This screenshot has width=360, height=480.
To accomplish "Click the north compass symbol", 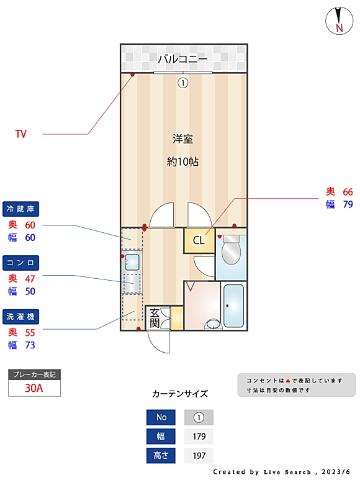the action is (x=339, y=21).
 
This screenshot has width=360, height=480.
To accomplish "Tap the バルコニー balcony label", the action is (x=182, y=58).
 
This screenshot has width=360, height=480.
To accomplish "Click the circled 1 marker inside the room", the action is (x=182, y=83).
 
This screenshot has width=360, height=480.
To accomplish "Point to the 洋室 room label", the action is (x=182, y=138).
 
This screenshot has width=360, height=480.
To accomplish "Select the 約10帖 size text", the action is (x=182, y=161).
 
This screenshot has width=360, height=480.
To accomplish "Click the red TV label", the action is (x=21, y=134).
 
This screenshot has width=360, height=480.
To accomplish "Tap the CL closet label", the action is (x=199, y=240).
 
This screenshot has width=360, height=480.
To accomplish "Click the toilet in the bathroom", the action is (x=231, y=250).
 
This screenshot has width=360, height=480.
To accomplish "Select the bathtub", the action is (x=233, y=306).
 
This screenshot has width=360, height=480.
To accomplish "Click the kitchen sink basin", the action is (x=132, y=262).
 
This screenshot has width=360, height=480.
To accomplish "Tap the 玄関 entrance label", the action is (x=155, y=318).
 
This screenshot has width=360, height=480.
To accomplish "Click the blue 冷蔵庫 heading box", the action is (x=21, y=209).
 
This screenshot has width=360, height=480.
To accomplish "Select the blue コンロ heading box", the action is (x=21, y=263).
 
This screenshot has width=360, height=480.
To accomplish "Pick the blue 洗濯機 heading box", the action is (x=21, y=317).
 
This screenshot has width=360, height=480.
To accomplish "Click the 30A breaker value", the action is (x=34, y=388).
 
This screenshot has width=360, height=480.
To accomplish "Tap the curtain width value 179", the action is (x=199, y=437).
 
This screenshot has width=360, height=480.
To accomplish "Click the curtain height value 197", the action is (x=199, y=456).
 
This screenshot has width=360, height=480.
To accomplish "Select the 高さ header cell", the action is (x=161, y=456).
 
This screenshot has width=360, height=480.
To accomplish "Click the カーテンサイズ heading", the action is (x=180, y=394).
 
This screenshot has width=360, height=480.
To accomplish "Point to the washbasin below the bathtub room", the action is (x=213, y=324).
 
